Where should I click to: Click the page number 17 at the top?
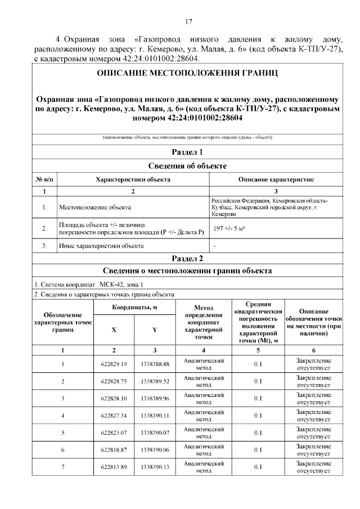188,22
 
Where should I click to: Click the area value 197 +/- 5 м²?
229,229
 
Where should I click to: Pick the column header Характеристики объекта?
133,179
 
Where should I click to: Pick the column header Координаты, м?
134,307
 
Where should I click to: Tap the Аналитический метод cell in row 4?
204,416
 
